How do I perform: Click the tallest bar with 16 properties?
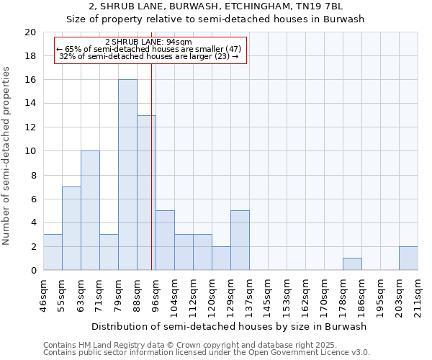pyautogui.click(x=127, y=175)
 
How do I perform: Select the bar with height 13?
pyautogui.click(x=146, y=193)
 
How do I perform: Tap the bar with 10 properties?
pyautogui.click(x=90, y=210)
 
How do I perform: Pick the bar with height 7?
pyautogui.click(x=71, y=228)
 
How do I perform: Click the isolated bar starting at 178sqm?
pyautogui.click(x=352, y=264)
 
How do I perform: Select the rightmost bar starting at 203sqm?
pyautogui.click(x=408, y=258)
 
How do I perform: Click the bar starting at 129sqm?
pyautogui.click(x=240, y=240)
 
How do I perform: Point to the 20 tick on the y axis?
pyautogui.click(x=30, y=32)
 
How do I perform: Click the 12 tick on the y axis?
pyautogui.click(x=30, y=127)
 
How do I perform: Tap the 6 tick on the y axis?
pyautogui.click(x=32, y=199)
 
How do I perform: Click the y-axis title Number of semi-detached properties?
pyautogui.click(x=6, y=156)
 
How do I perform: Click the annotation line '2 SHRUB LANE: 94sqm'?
pyautogui.click(x=148, y=42)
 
